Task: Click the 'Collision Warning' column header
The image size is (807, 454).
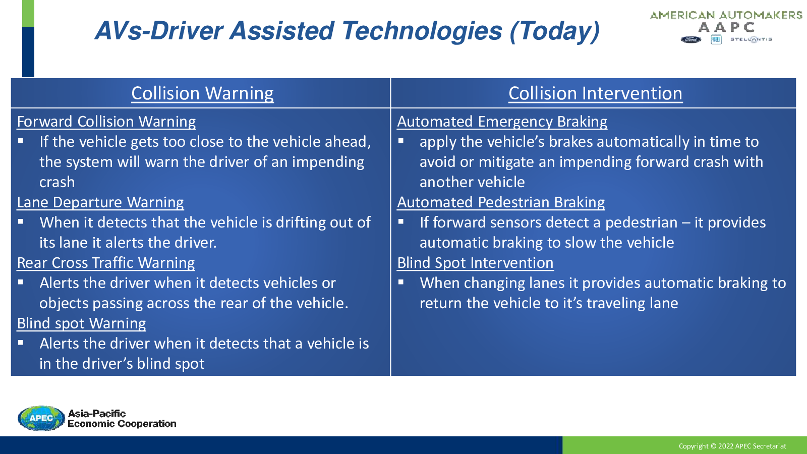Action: click(202, 93)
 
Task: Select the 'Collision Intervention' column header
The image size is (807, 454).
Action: click(596, 93)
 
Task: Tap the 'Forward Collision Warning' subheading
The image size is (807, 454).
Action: click(106, 122)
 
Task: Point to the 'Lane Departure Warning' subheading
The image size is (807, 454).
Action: click(100, 202)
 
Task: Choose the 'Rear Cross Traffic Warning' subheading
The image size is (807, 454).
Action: click(106, 263)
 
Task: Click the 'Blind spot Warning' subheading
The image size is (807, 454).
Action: click(81, 323)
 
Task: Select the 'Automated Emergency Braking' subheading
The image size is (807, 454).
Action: click(502, 122)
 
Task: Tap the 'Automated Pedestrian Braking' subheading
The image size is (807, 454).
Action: click(501, 202)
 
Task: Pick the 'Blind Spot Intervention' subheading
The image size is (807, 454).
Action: click(475, 263)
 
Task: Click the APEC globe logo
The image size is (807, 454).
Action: click(41, 418)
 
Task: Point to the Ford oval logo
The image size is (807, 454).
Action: click(690, 40)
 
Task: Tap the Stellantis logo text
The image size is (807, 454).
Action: click(751, 40)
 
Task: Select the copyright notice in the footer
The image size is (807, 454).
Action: click(732, 446)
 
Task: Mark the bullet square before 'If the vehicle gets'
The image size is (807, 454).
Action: click(21, 141)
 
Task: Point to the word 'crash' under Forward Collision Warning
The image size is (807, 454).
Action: click(57, 183)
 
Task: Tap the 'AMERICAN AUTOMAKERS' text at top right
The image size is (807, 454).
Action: click(726, 16)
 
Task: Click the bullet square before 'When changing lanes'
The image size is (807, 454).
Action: click(400, 282)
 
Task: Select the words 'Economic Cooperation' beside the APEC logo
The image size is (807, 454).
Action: click(122, 424)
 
